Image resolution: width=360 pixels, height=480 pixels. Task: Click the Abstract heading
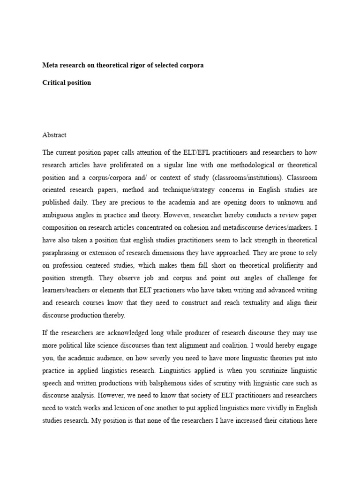54,135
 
